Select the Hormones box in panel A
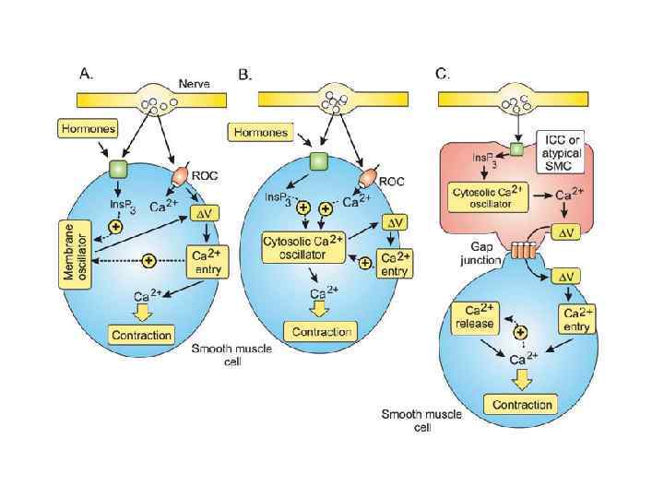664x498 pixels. click(x=87, y=128)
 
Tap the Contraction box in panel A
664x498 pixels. click(x=141, y=335)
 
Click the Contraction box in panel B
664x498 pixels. click(x=319, y=332)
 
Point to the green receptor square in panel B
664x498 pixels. click(x=319, y=161)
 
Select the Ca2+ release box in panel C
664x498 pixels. click(x=475, y=316)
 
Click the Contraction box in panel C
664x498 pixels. click(x=521, y=405)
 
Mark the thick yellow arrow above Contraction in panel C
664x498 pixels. click(x=521, y=378)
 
